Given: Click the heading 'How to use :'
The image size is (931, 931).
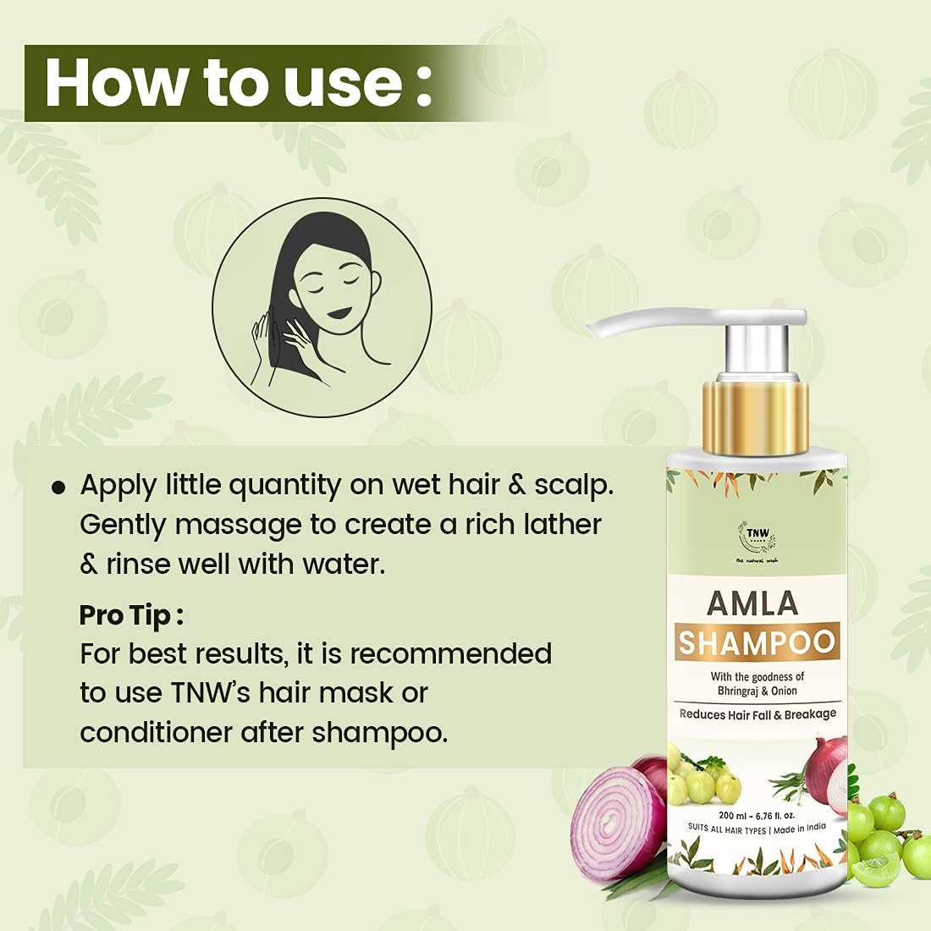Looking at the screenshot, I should tap(238, 83).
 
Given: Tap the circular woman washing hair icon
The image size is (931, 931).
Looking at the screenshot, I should tap(322, 307).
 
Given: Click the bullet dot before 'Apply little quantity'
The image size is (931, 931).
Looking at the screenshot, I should tap(58, 488).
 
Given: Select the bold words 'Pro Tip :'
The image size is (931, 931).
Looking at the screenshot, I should tap(131, 615).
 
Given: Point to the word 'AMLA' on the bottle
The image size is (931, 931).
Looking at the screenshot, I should tap(752, 603).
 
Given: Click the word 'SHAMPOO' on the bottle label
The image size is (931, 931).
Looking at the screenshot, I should tap(757, 642).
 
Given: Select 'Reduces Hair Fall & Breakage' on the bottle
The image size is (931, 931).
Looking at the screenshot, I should tap(757, 713).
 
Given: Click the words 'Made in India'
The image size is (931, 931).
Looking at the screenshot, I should tap(799, 829).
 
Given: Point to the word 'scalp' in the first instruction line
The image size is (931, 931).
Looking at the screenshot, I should tap(581, 486).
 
